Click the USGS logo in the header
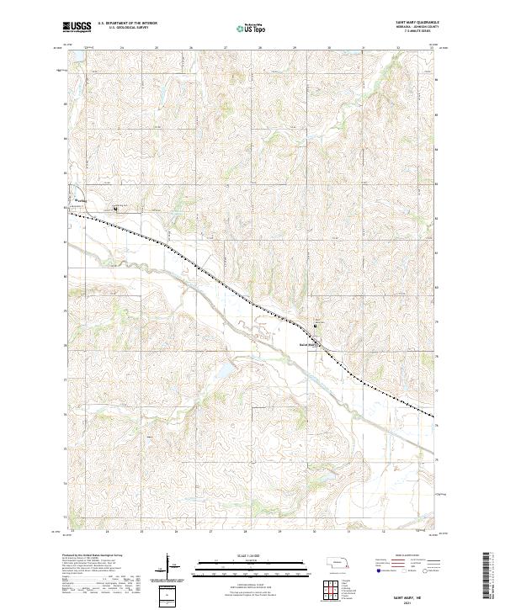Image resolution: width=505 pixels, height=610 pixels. (x=76, y=27)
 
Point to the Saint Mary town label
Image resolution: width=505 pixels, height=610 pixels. (x=307, y=343)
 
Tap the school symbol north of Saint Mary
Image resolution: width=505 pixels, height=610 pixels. (x=316, y=326)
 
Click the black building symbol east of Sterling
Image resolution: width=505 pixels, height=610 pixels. (x=115, y=209)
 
